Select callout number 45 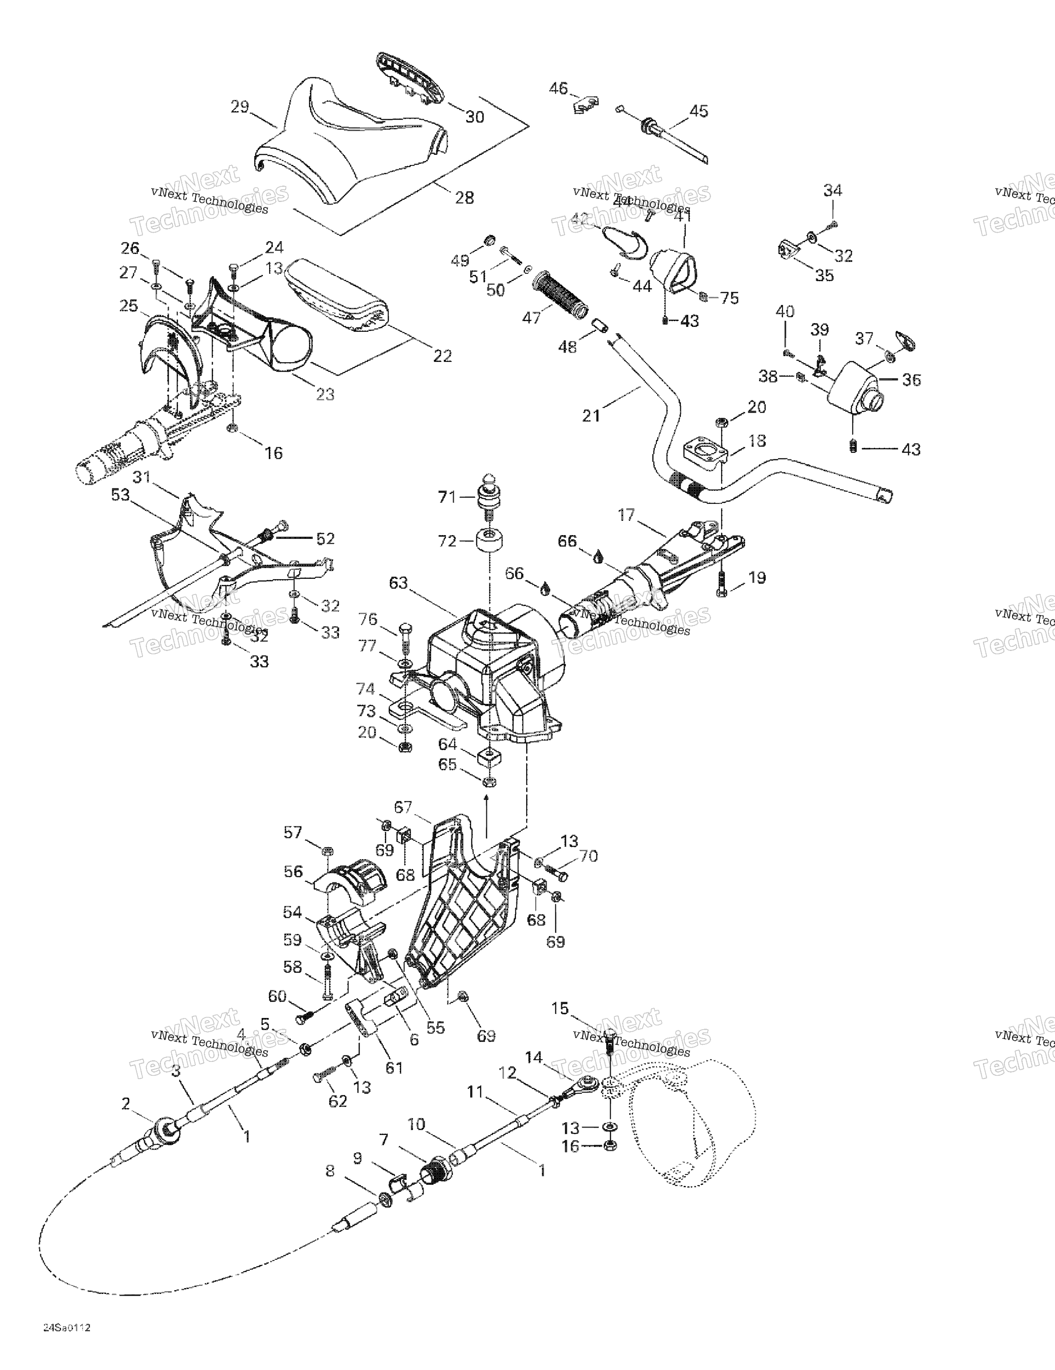(x=698, y=111)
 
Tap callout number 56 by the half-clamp (x=293, y=871)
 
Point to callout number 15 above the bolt (x=559, y=1008)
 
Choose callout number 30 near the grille (x=475, y=117)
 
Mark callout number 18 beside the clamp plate (x=757, y=440)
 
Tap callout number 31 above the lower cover (x=142, y=477)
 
